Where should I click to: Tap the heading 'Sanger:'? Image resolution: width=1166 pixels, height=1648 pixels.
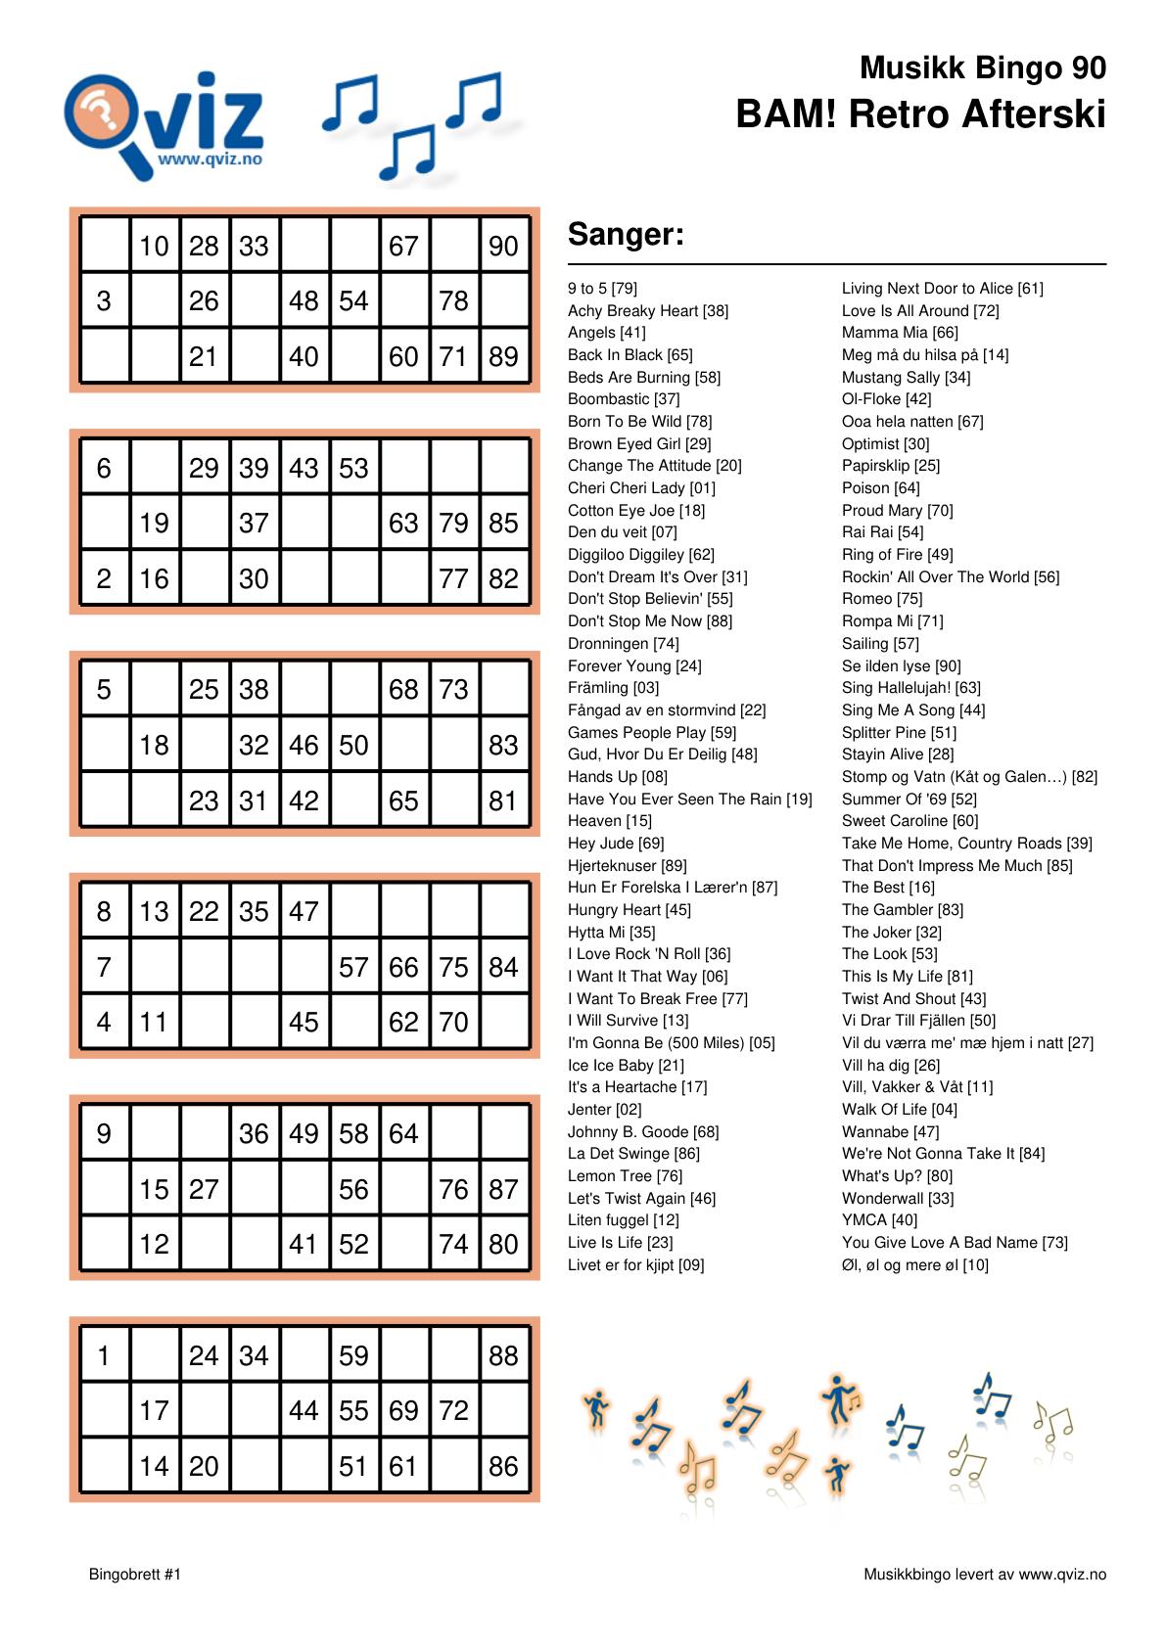(x=626, y=235)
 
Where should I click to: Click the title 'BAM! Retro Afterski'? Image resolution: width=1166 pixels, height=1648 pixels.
(x=920, y=114)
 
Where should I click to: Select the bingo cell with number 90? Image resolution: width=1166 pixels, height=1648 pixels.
(x=503, y=246)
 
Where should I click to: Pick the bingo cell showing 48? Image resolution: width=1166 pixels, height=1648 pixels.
(x=303, y=301)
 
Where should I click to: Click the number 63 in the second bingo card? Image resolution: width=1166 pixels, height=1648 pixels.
(x=403, y=524)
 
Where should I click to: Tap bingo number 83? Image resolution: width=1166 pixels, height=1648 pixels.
(x=503, y=746)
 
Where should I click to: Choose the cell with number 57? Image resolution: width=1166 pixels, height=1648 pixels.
(x=353, y=968)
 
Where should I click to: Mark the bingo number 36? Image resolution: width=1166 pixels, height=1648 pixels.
(x=254, y=1134)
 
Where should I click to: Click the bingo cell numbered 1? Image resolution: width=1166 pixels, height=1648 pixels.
(x=104, y=1356)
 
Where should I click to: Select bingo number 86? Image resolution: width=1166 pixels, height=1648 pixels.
(x=503, y=1467)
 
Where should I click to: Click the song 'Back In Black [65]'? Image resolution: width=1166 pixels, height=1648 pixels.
(x=630, y=355)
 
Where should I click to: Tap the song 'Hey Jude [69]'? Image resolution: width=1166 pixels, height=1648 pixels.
(x=616, y=844)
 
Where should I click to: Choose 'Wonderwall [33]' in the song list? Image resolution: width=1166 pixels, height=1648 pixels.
(x=897, y=1199)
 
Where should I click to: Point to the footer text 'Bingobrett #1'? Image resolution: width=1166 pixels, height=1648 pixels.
(x=135, y=1575)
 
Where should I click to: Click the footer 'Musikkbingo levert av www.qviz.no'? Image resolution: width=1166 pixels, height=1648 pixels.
(x=984, y=1575)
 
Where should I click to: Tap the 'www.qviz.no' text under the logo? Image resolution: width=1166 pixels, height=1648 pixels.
(x=210, y=159)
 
